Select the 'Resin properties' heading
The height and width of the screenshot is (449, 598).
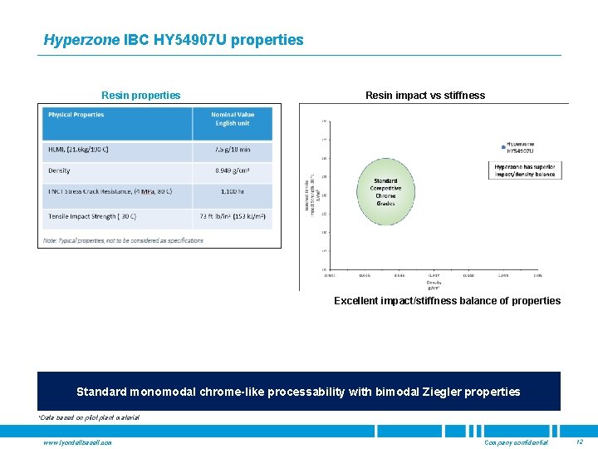click(x=140, y=96)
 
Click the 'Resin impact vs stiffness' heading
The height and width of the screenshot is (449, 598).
click(x=424, y=96)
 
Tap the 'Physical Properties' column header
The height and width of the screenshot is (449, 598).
click(x=76, y=115)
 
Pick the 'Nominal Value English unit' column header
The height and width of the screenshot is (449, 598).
click(x=232, y=119)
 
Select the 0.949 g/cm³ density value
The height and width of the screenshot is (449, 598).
click(x=232, y=171)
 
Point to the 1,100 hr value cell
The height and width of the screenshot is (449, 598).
click(x=232, y=192)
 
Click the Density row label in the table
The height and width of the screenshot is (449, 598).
click(x=60, y=171)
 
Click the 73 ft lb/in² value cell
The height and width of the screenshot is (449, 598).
click(x=232, y=216)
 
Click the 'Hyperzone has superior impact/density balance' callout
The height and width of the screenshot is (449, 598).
click(x=524, y=170)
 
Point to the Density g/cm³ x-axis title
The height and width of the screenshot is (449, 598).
click(x=434, y=284)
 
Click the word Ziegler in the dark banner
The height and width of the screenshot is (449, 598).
click(x=434, y=392)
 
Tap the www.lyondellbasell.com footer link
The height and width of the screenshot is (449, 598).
click(x=77, y=442)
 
